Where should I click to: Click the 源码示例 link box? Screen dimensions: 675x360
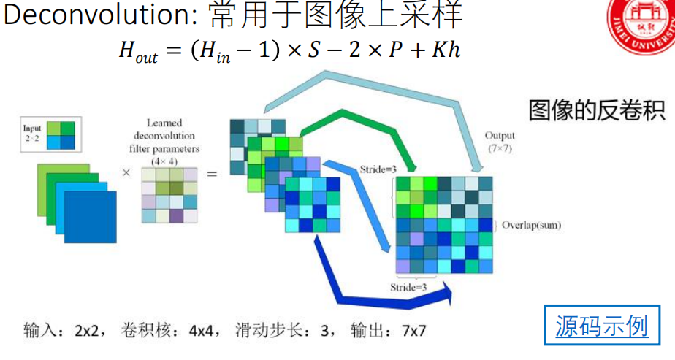click(602, 325)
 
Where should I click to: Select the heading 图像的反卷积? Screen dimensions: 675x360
click(597, 111)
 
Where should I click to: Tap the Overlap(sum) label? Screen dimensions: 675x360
click(531, 225)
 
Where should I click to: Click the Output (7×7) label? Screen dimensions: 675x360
click(500, 142)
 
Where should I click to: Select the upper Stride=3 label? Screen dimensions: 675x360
click(378, 170)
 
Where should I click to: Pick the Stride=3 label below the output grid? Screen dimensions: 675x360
click(410, 287)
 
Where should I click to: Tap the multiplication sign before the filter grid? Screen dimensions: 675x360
click(126, 174)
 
